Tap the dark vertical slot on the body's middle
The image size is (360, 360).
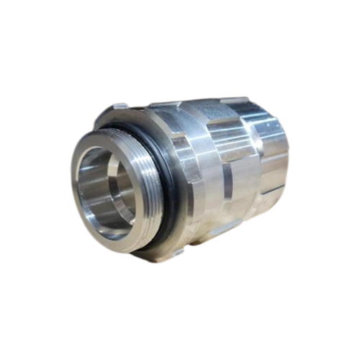[229, 176]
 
